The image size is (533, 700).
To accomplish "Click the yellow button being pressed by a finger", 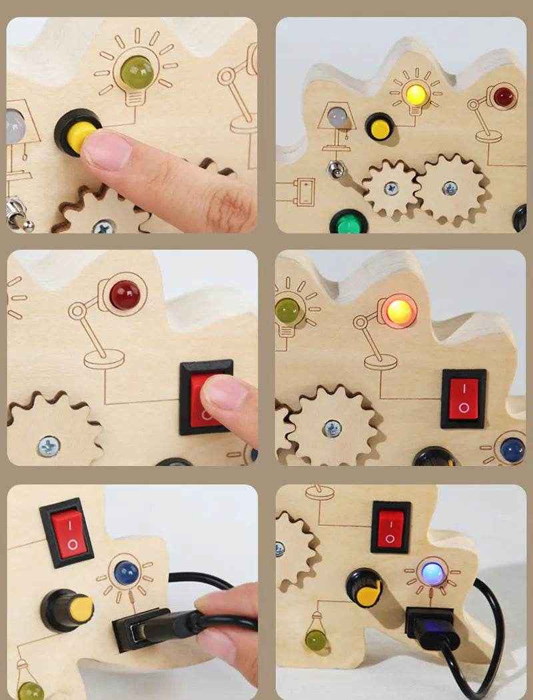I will [x=75, y=133].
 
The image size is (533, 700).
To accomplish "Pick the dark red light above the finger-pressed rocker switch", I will [x=125, y=294].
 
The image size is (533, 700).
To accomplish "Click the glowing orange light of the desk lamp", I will [x=398, y=310].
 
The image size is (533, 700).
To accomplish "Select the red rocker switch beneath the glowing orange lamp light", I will [x=463, y=399].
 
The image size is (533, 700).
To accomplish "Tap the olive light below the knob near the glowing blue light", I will [x=315, y=642].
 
